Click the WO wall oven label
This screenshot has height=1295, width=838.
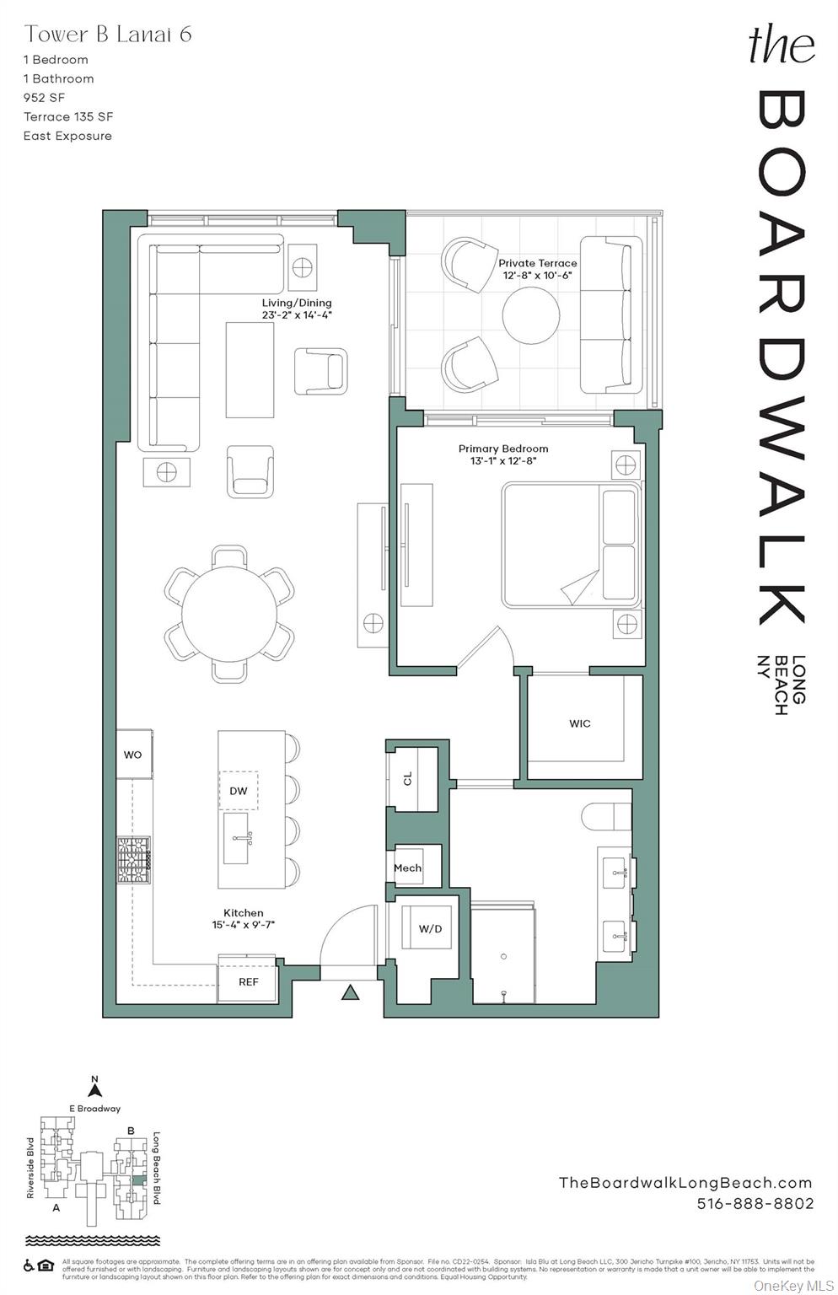coord(133,755)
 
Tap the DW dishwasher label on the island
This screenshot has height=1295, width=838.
coord(239,791)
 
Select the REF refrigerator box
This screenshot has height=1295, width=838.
coord(248,982)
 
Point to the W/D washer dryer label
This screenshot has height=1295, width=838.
coord(430,929)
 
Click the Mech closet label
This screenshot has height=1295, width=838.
coord(407,868)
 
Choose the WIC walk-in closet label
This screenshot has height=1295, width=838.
coord(580,723)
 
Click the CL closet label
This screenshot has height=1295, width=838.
coord(408,778)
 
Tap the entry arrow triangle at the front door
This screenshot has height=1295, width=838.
coord(350,992)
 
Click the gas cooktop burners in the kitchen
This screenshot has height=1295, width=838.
coord(133,860)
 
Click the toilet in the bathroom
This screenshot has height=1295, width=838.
coord(607,816)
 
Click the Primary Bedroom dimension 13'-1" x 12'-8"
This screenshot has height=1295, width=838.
coord(503,461)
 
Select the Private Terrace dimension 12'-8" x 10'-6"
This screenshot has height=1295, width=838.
coord(538,276)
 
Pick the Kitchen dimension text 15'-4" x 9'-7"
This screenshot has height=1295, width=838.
coord(244,925)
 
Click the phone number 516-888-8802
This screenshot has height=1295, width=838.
coord(755,1203)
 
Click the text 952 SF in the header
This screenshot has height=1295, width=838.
coord(44,98)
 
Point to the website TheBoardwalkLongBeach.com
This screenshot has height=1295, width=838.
coord(685,1183)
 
